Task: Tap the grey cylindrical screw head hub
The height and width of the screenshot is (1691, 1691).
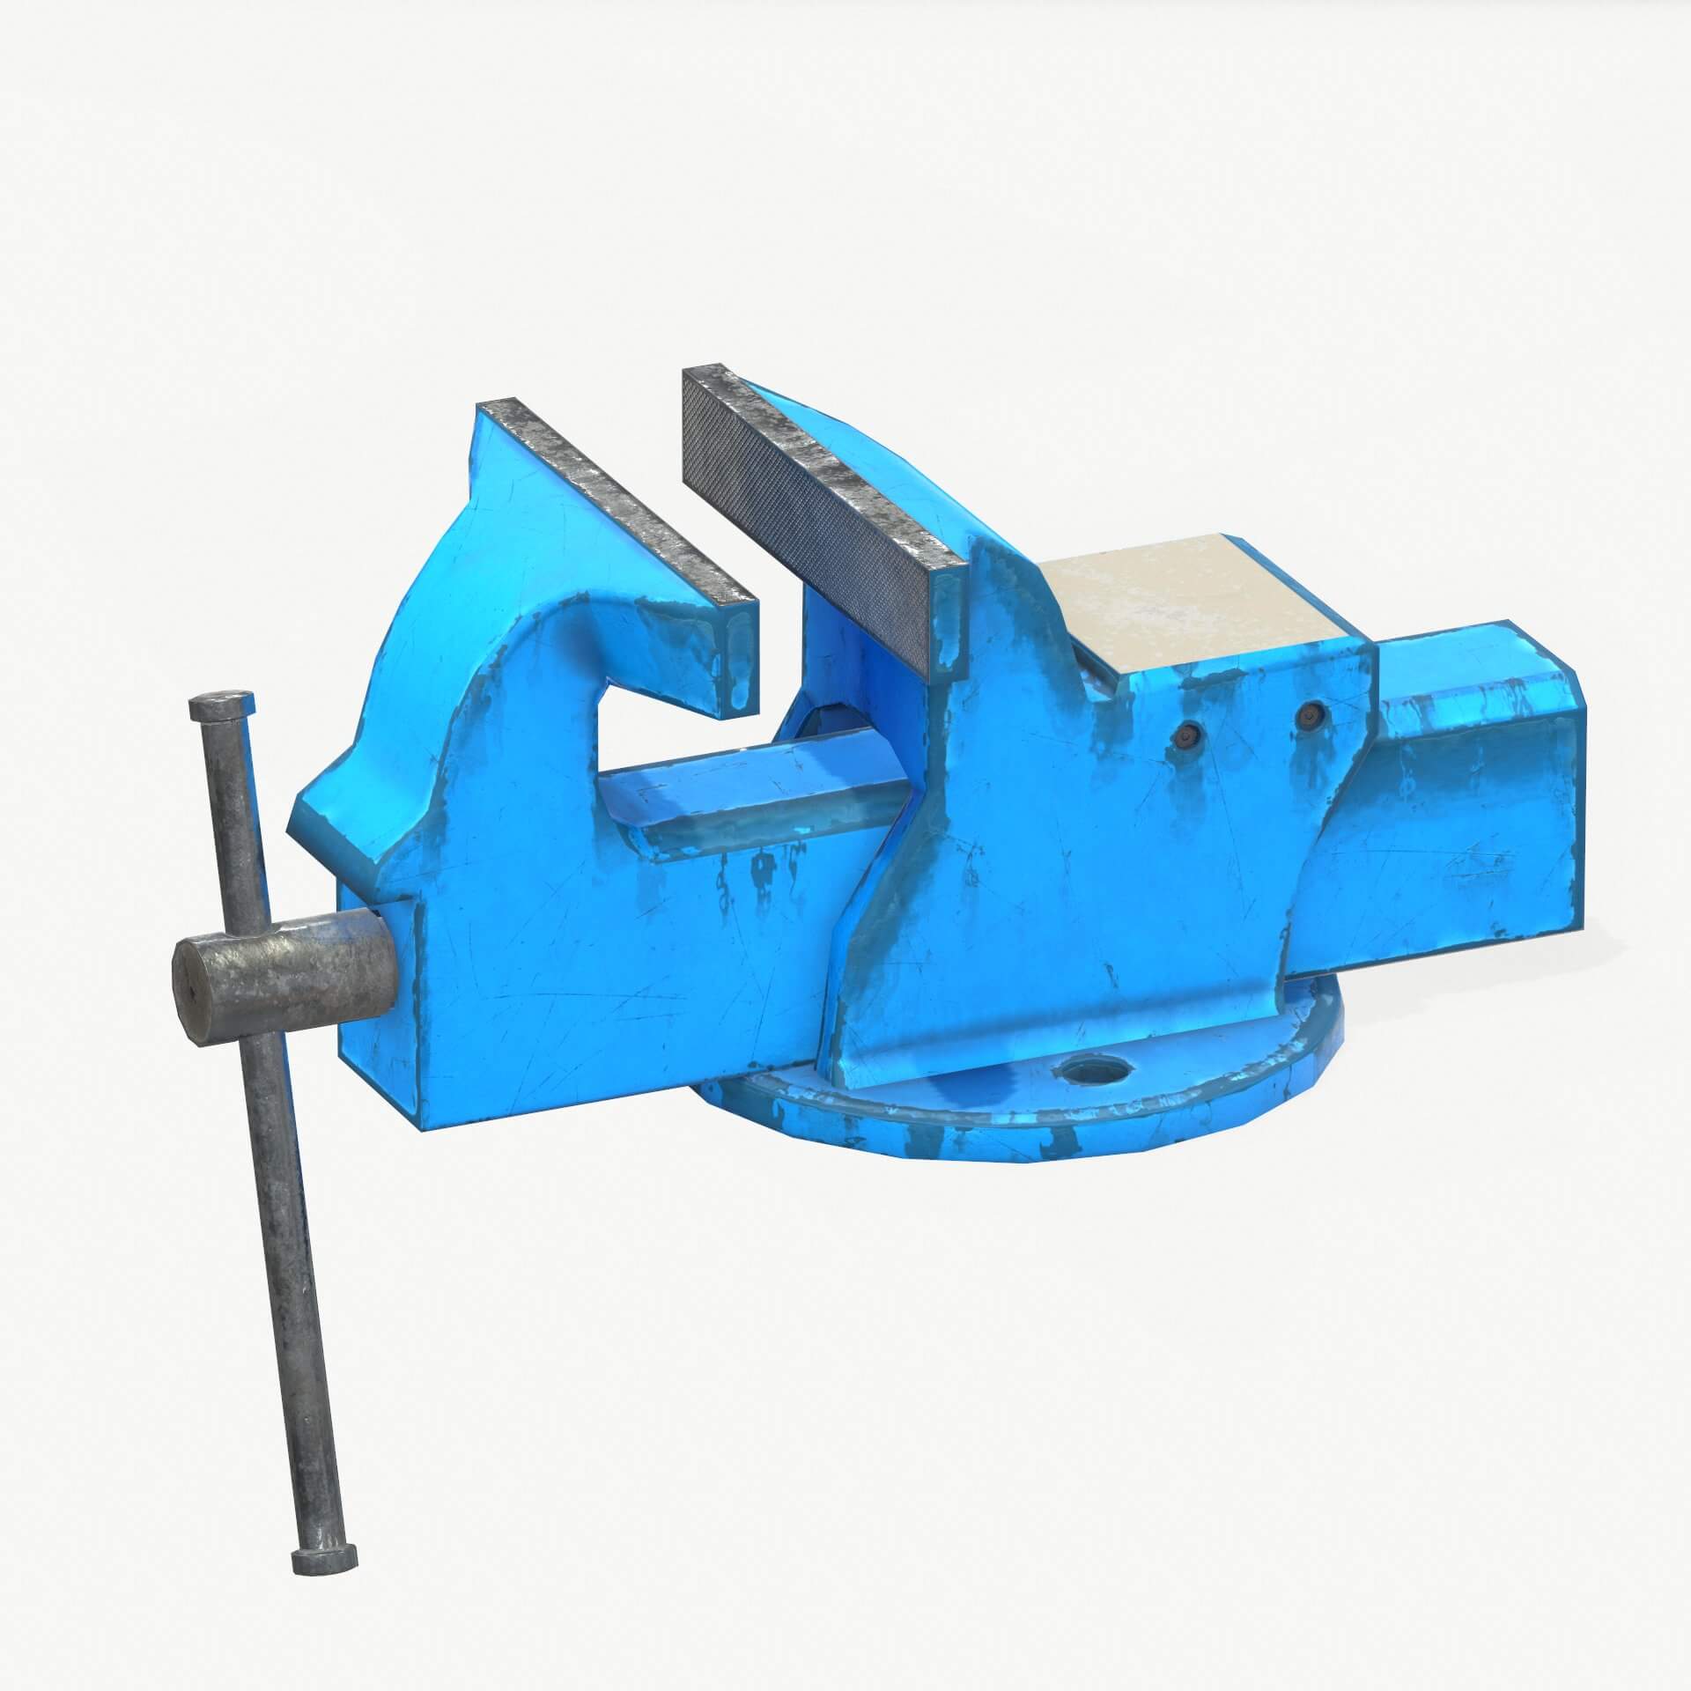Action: coord(291,978)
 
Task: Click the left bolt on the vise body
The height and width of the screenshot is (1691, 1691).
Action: coord(1190,705)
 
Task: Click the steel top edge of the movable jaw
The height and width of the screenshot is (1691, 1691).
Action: coord(608,502)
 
